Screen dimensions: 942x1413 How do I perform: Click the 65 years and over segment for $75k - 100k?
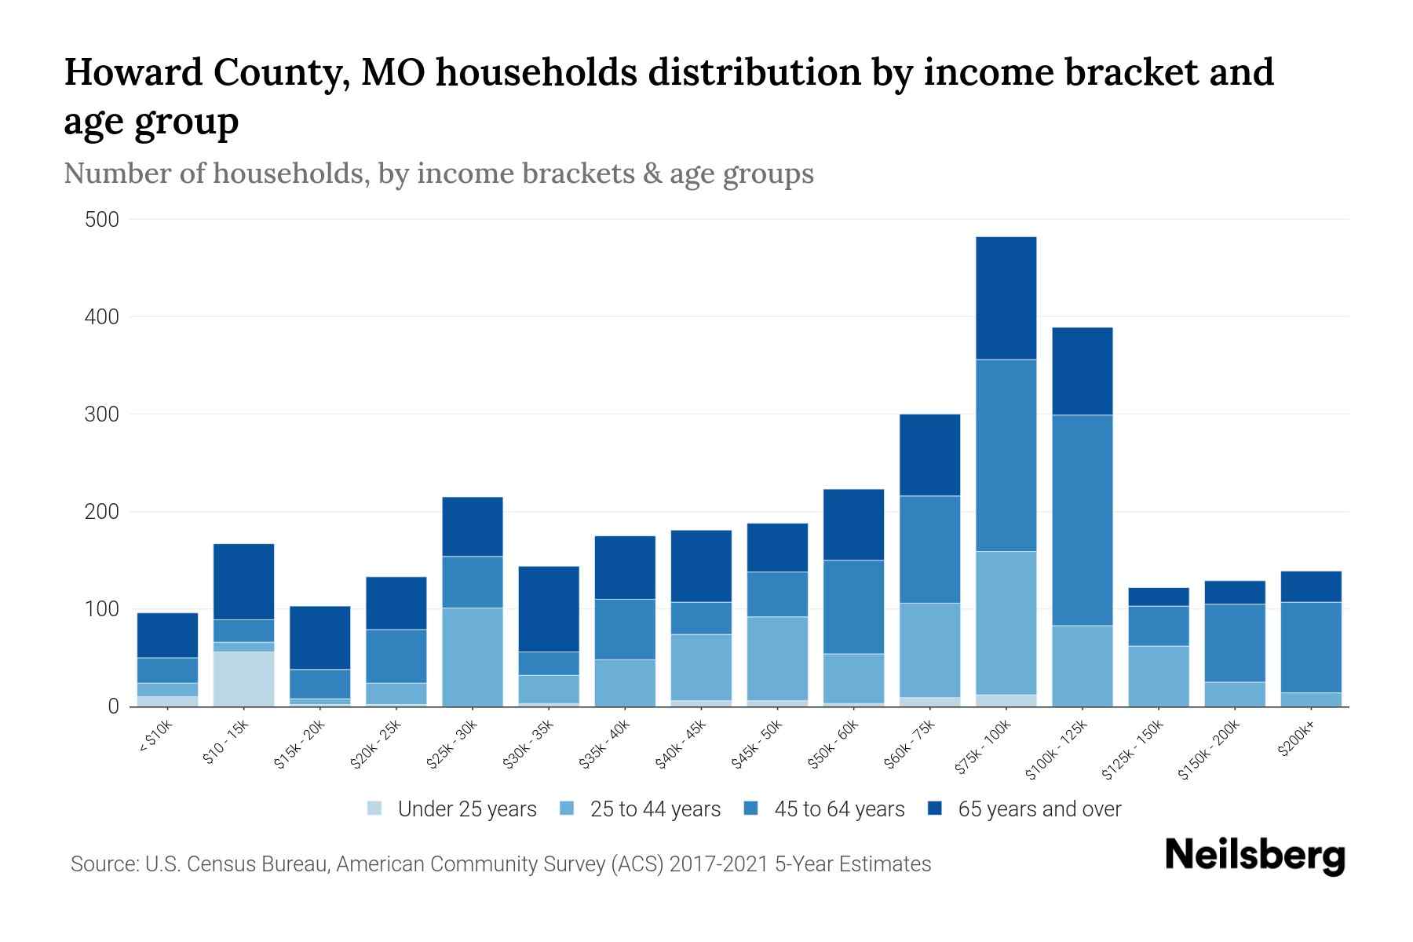tap(1006, 298)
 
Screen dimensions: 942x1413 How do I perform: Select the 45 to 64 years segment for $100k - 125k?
tap(1082, 520)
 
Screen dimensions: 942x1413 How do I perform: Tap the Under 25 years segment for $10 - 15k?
tap(243, 679)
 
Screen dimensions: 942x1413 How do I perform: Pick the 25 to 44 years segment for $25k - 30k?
tap(473, 657)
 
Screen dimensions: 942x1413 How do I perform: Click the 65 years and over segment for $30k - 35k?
tap(549, 608)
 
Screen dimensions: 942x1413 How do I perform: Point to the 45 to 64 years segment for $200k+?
tap(1311, 647)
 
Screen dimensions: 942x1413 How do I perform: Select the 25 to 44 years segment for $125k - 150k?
tap(1158, 676)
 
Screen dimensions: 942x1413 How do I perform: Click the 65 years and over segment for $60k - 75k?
tap(929, 455)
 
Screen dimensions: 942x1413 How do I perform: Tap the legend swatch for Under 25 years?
tap(375, 809)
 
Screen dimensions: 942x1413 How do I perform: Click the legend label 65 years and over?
tap(1039, 809)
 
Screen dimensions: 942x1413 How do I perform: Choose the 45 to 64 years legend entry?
tap(839, 809)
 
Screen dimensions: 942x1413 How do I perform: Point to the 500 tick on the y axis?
tap(102, 220)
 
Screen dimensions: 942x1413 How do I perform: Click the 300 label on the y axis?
tap(102, 414)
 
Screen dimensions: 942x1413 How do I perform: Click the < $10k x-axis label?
tap(155, 738)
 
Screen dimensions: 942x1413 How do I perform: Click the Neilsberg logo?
tap(1254, 856)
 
